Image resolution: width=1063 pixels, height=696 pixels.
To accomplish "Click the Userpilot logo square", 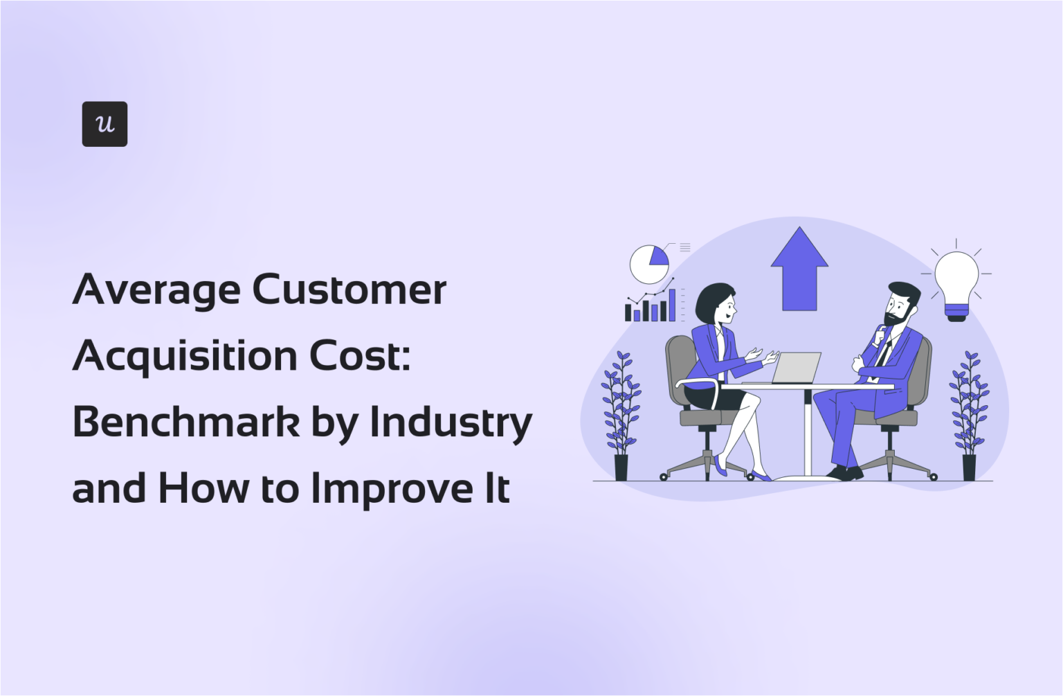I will pyautogui.click(x=105, y=124).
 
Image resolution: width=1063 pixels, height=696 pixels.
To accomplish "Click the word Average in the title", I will pyautogui.click(x=156, y=289).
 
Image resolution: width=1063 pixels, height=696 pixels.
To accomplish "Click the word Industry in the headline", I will pyautogui.click(x=451, y=422).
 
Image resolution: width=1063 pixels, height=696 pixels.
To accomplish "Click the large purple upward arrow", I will pyautogui.click(x=799, y=269).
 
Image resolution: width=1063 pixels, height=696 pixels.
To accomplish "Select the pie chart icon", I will pyautogui.click(x=649, y=264).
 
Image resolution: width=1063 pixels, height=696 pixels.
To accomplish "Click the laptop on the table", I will pyautogui.click(x=796, y=368).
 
